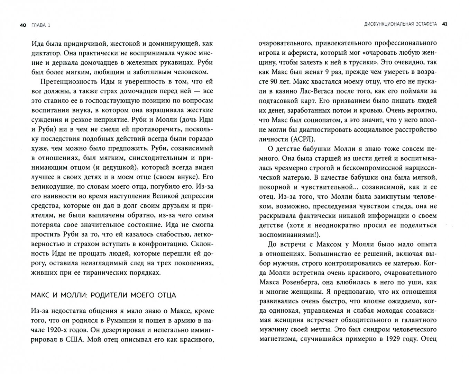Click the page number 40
coord(23,25)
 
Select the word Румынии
coord(115,321)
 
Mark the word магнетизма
coord(276,338)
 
